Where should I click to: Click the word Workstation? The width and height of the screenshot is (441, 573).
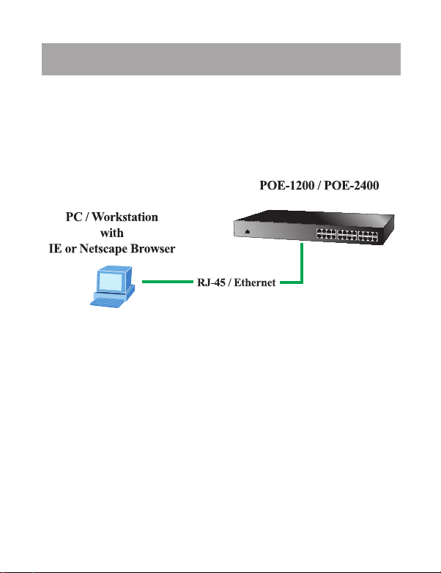pos(126,218)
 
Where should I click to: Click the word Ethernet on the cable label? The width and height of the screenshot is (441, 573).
pos(253,282)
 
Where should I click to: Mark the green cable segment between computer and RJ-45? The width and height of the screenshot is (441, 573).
pos(167,282)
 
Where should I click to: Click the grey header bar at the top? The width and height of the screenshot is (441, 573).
pos(220,59)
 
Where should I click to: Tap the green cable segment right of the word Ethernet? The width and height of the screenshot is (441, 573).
pos(289,282)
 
